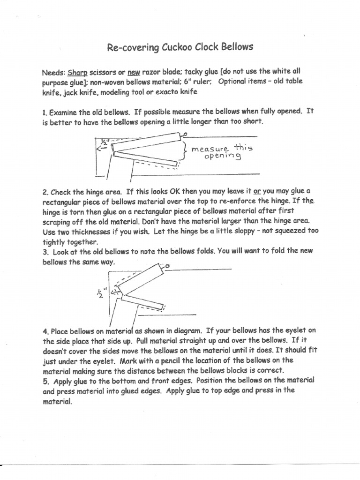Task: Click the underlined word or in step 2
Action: (257, 192)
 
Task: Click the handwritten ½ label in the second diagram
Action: (100, 293)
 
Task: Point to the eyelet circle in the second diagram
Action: (167, 267)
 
